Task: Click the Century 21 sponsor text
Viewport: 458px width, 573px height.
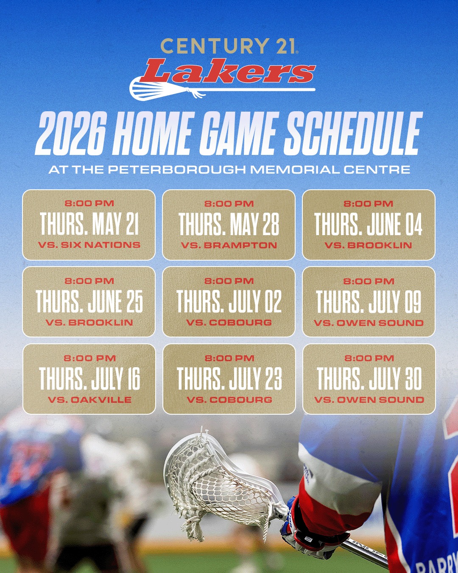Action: (229, 46)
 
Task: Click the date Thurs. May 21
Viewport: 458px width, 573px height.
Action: (89, 224)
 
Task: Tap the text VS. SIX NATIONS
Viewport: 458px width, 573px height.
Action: (89, 245)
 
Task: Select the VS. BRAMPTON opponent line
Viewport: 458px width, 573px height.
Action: (229, 245)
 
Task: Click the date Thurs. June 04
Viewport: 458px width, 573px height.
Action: (369, 224)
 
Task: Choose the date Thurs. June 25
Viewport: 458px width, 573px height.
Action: (89, 301)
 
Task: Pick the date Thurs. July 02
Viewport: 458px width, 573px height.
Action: (229, 301)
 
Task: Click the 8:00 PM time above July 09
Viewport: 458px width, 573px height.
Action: (369, 281)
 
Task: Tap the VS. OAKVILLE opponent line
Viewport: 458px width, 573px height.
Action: (89, 400)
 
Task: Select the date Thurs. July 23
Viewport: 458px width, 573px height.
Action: (229, 378)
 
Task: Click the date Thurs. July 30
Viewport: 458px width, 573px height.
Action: (369, 378)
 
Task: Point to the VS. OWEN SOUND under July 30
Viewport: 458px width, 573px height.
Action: (369, 400)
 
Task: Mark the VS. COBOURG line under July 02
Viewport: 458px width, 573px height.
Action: (229, 323)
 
